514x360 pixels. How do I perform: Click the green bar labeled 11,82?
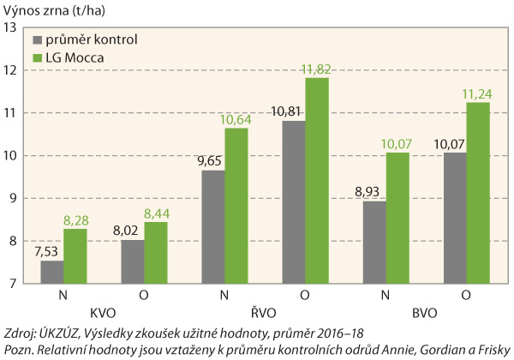[317, 181]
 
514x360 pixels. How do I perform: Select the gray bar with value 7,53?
[51, 272]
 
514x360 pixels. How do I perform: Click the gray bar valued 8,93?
[374, 242]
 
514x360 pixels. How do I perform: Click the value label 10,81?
[292, 112]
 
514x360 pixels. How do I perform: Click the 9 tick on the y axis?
[14, 199]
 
